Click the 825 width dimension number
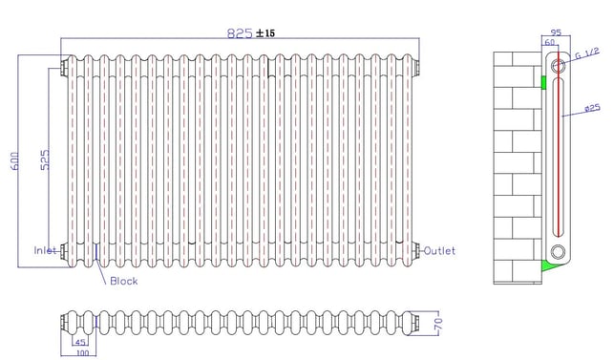[x=240, y=33]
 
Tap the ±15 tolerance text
[x=265, y=33]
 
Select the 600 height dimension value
[x=15, y=160]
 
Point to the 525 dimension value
[x=46, y=159]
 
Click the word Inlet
[x=46, y=250]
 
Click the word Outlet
[x=440, y=251]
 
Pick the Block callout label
[x=124, y=281]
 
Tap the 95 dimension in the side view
[x=556, y=32]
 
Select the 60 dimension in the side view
[x=550, y=42]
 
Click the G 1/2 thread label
[x=587, y=53]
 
